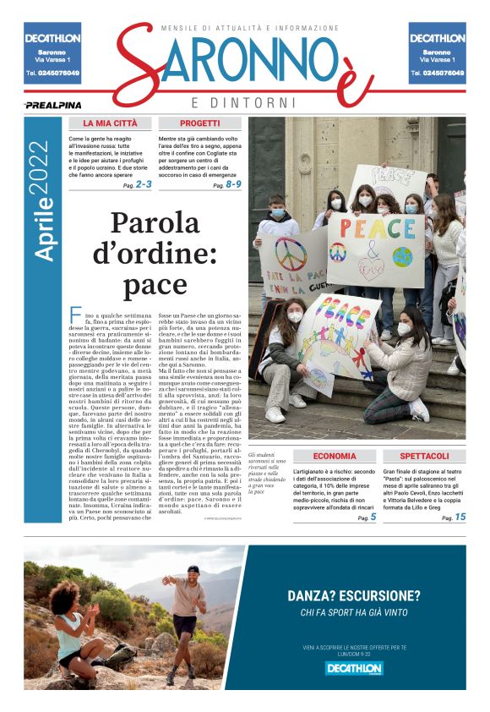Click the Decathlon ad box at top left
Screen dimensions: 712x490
click(x=52, y=53)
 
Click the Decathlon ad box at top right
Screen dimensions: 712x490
click(x=437, y=53)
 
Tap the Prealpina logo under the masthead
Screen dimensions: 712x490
click(x=52, y=105)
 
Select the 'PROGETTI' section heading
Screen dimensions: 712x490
click(x=199, y=123)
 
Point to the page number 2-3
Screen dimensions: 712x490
click(x=142, y=183)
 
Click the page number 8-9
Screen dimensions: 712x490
click(x=231, y=183)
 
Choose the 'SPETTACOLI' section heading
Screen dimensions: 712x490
click(x=423, y=456)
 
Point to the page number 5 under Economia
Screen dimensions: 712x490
click(x=373, y=517)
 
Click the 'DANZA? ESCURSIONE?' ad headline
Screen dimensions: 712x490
click(x=355, y=594)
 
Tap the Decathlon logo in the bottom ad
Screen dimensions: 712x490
click(x=355, y=668)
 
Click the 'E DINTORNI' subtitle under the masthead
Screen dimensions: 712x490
click(x=245, y=102)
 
